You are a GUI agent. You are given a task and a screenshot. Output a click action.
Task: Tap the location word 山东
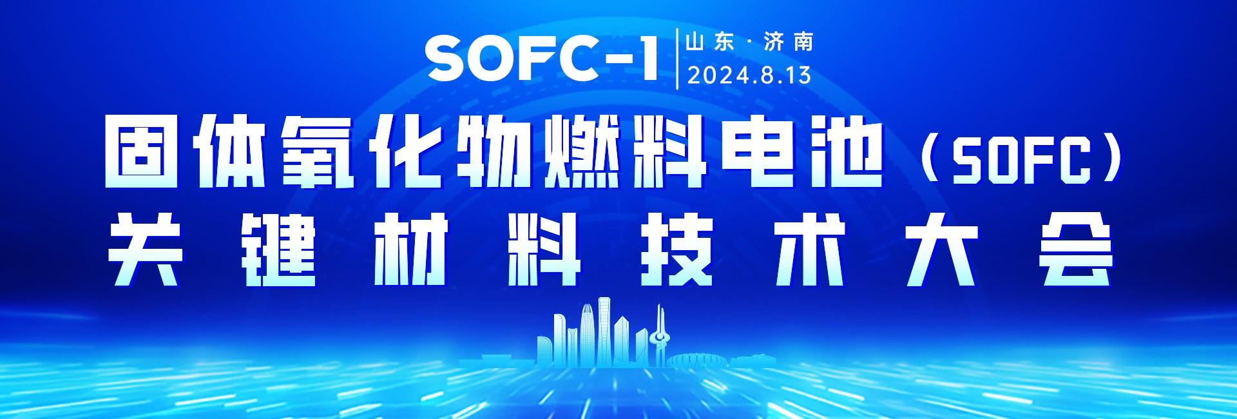[709, 43]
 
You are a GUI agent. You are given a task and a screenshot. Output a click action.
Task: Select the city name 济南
[789, 43]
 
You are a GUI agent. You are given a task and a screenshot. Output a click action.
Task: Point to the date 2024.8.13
[749, 75]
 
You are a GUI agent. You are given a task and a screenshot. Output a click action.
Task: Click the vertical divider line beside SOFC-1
[677, 59]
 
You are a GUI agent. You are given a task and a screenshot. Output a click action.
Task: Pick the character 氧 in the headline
[318, 152]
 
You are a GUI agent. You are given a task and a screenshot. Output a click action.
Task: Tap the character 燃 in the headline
[582, 152]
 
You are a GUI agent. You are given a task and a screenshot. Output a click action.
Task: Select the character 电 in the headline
[758, 152]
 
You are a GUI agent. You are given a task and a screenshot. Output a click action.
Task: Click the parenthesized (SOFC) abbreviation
[1022, 159]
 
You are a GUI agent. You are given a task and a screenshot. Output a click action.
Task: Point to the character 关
[145, 249]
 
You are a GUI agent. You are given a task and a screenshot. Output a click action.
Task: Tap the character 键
[279, 249]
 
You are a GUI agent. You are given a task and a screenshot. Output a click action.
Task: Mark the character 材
[412, 249]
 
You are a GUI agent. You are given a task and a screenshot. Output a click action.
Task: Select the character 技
[677, 249]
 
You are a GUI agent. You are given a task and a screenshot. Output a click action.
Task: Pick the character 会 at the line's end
[1075, 249]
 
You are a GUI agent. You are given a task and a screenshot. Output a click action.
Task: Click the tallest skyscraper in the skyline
[604, 332]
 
